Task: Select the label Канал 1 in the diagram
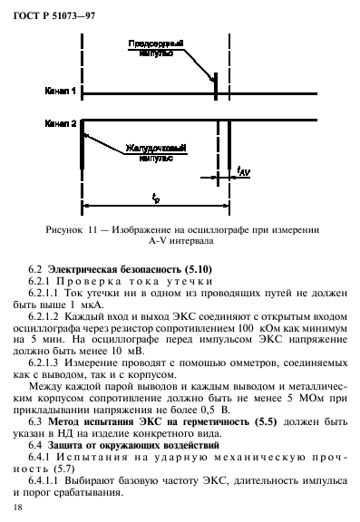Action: [x=60, y=92]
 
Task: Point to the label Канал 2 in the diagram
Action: [x=60, y=121]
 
